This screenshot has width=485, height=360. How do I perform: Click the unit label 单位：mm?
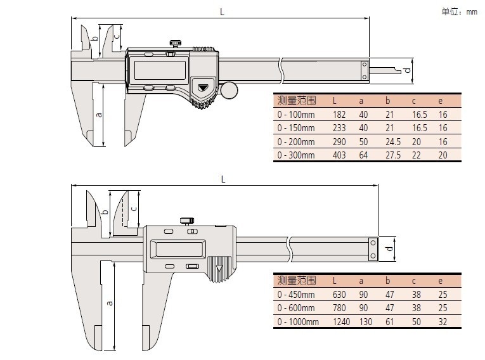pyautogui.click(x=459, y=11)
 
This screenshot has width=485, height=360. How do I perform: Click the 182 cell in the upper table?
pyautogui.click(x=339, y=115)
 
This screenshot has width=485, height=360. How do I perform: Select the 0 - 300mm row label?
pyautogui.click(x=296, y=155)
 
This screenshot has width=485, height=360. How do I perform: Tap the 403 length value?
pyautogui.click(x=339, y=155)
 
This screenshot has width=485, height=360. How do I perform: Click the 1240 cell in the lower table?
pyautogui.click(x=340, y=322)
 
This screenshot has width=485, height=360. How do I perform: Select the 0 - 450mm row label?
pyautogui.click(x=296, y=295)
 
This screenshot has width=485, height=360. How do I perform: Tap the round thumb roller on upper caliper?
pyautogui.click(x=230, y=90)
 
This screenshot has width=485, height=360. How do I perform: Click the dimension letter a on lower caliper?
pyautogui.click(x=109, y=302)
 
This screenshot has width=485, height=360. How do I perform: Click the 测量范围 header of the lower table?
pyautogui.click(x=296, y=281)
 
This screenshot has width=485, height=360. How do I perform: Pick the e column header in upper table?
pyautogui.click(x=442, y=100)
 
